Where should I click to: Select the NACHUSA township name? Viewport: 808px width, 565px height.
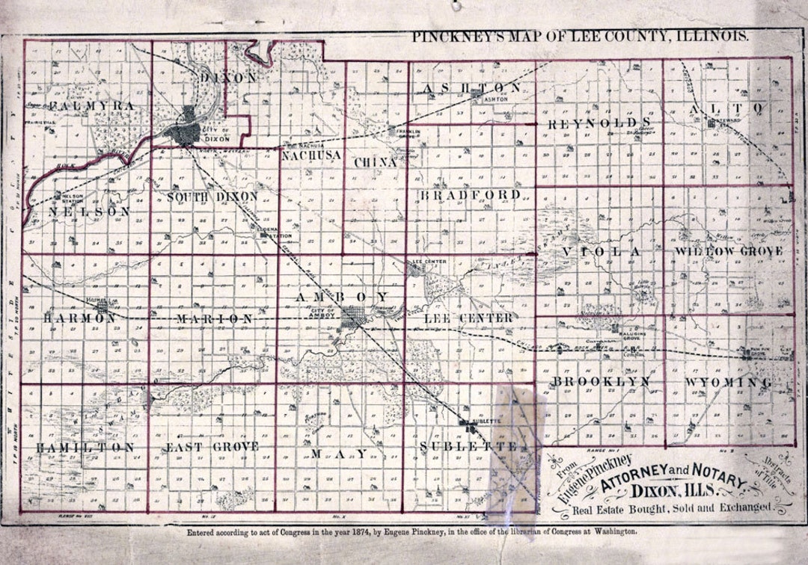pyautogui.click(x=311, y=155)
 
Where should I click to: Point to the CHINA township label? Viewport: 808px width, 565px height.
pyautogui.click(x=376, y=162)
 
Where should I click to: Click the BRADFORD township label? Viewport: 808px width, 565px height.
pyautogui.click(x=470, y=195)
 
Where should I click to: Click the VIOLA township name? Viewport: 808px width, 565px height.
pyautogui.click(x=602, y=252)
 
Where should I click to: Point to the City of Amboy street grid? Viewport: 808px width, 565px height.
pyautogui.click(x=352, y=318)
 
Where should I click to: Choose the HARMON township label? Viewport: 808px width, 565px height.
pyautogui.click(x=80, y=318)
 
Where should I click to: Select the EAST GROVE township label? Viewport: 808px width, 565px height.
pyautogui.click(x=211, y=447)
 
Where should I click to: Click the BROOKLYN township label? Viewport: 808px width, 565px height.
pyautogui.click(x=601, y=382)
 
